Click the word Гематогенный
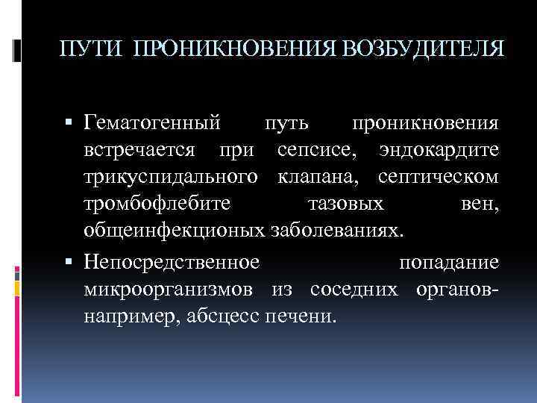pyautogui.click(x=153, y=121)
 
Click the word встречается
pyautogui.click(x=140, y=149)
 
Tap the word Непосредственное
pyautogui.click(x=172, y=263)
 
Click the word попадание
pyautogui.click(x=449, y=263)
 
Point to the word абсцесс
pyautogui.click(x=219, y=316)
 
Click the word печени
pyautogui.click(x=301, y=316)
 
